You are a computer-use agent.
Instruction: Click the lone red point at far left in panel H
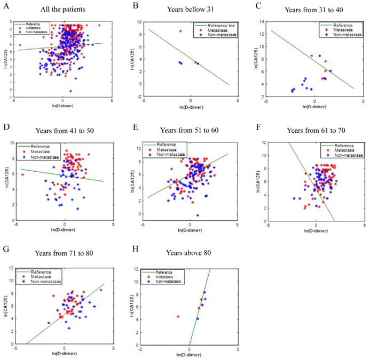pyautogui.click(x=178, y=317)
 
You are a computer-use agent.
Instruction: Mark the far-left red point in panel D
pyautogui.click(x=22, y=174)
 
